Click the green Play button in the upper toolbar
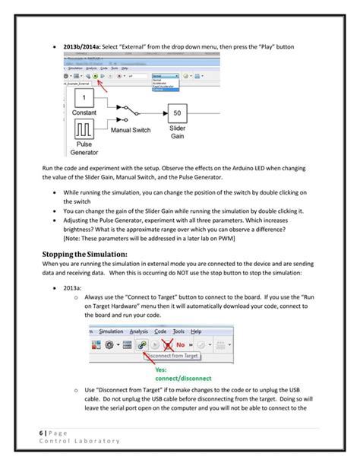point(103,77)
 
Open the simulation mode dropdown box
point(165,77)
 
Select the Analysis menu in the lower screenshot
point(139,331)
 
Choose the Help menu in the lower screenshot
point(196,331)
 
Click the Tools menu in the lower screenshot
point(178,331)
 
